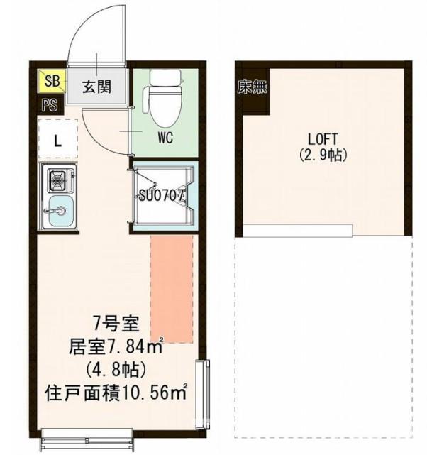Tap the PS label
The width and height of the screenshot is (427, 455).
pos(49,105)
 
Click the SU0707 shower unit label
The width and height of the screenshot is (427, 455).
pos(162,193)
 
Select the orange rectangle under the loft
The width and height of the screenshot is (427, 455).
pos(172,290)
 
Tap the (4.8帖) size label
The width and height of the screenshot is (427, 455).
pos(116,369)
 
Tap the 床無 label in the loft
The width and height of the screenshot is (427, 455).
pos(252,88)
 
